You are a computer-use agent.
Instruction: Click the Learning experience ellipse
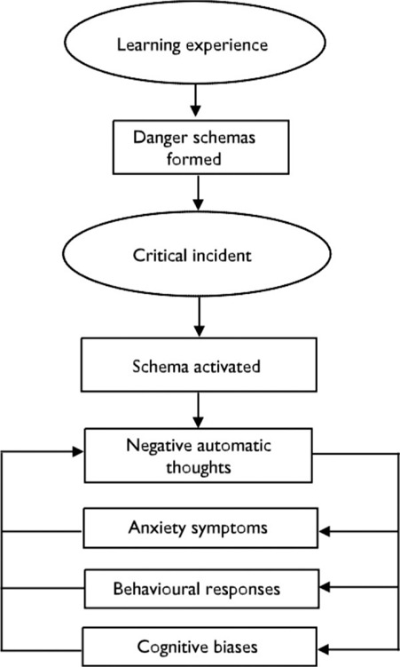point(195,43)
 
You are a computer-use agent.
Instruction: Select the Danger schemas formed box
point(200,147)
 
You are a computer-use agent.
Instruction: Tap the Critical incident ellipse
point(197,254)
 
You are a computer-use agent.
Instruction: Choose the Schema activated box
point(199,364)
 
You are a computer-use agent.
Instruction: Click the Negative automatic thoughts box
point(199,455)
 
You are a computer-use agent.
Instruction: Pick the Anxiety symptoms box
point(200,528)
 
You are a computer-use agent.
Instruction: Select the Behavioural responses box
point(201,589)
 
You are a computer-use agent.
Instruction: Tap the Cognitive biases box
point(200,647)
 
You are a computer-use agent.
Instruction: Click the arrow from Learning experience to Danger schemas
point(195,100)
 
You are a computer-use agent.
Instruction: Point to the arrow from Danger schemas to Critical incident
point(199,192)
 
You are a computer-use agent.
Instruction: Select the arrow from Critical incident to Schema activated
point(199,316)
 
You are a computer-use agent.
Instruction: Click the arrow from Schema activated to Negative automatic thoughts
point(199,409)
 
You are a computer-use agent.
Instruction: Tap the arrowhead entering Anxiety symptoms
point(324,531)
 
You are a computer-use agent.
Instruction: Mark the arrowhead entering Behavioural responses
point(325,587)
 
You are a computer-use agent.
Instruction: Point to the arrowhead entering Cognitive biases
point(324,649)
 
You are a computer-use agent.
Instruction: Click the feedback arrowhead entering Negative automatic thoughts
point(78,452)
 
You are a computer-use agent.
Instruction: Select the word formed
point(193,159)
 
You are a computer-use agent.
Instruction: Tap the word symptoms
point(229,528)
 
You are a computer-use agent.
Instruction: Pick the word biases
point(234,647)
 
